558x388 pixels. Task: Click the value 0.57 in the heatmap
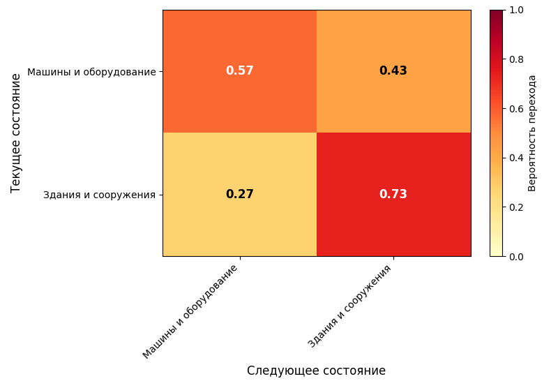(239, 71)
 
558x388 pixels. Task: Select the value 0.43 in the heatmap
(393, 71)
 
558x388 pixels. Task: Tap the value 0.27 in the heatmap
(239, 195)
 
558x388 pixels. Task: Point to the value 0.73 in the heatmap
(393, 195)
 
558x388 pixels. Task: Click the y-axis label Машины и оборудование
(91, 72)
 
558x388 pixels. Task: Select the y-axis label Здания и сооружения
(99, 195)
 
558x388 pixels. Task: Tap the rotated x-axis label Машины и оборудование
(190, 312)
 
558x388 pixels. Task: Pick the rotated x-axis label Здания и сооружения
(349, 306)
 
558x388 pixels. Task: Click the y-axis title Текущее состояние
(16, 133)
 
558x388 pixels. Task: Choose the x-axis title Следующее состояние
(316, 371)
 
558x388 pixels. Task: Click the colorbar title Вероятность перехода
(532, 133)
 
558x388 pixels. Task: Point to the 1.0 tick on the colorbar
(516, 10)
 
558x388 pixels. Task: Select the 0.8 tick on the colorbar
(516, 59)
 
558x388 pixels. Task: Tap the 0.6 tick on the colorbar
(516, 109)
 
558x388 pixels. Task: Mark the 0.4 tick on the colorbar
(516, 158)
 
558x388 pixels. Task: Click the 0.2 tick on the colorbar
(516, 207)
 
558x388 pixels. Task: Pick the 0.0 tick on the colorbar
(516, 257)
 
